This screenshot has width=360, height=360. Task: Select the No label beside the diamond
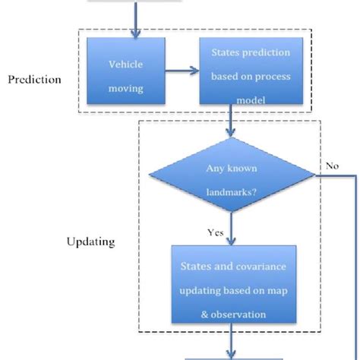point(332,163)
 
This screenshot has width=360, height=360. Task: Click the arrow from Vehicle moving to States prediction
point(181,74)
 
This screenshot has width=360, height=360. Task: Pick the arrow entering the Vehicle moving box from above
point(137,19)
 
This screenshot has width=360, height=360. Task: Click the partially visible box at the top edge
point(135,2)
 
